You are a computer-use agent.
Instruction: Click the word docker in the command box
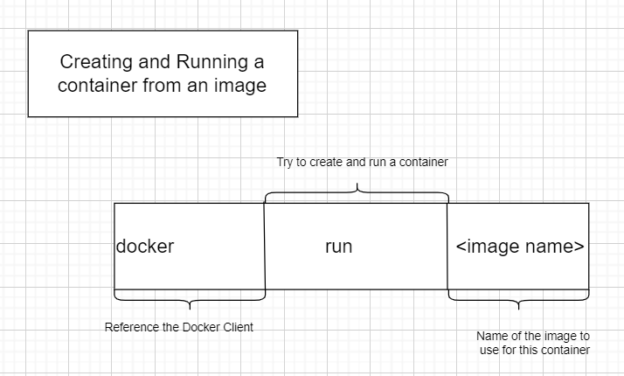(x=145, y=247)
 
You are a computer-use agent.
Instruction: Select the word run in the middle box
(x=338, y=247)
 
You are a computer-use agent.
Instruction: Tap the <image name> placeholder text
(x=519, y=247)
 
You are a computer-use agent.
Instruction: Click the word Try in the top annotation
(x=285, y=163)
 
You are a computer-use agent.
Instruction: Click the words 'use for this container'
(x=533, y=350)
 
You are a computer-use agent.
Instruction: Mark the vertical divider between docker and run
(x=265, y=247)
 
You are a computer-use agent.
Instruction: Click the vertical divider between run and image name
(x=447, y=247)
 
